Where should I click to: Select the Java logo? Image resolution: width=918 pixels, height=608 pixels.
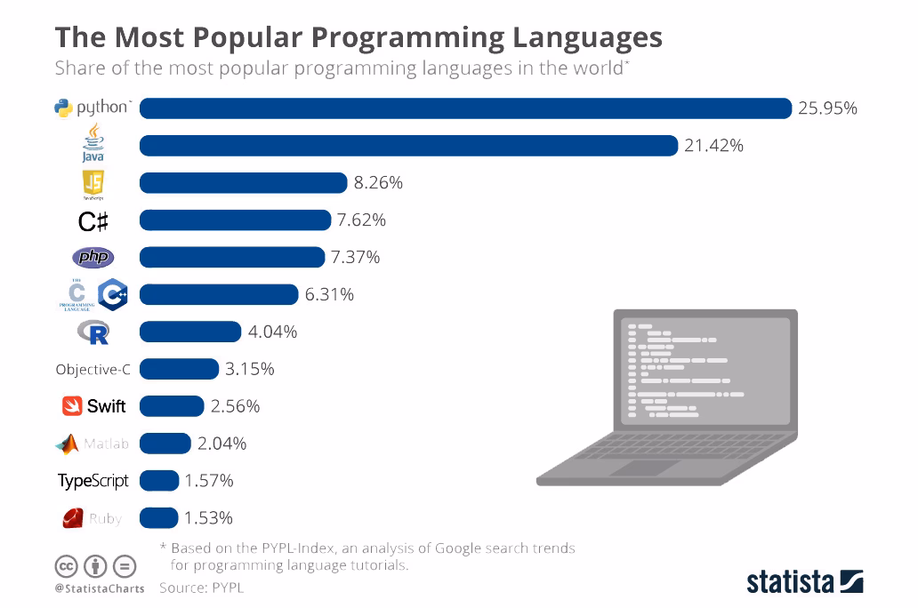(x=93, y=144)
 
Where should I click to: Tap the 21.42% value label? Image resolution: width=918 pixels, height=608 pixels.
(x=713, y=146)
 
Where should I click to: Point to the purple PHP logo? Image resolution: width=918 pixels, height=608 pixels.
(x=93, y=258)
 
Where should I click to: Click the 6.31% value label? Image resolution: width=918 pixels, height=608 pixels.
(x=329, y=294)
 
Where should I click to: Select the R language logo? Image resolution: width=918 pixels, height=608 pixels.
(x=93, y=332)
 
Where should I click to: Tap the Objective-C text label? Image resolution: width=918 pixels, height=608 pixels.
(x=93, y=370)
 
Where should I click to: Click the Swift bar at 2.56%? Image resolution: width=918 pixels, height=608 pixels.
(x=172, y=406)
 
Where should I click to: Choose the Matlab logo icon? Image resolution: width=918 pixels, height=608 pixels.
(x=68, y=444)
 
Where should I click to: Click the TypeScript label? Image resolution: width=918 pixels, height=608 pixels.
(x=93, y=481)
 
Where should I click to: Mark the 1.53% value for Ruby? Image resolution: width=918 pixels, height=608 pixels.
(x=209, y=518)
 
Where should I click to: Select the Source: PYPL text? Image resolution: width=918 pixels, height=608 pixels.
(x=201, y=588)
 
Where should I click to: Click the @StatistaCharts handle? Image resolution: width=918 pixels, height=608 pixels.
(x=99, y=588)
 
